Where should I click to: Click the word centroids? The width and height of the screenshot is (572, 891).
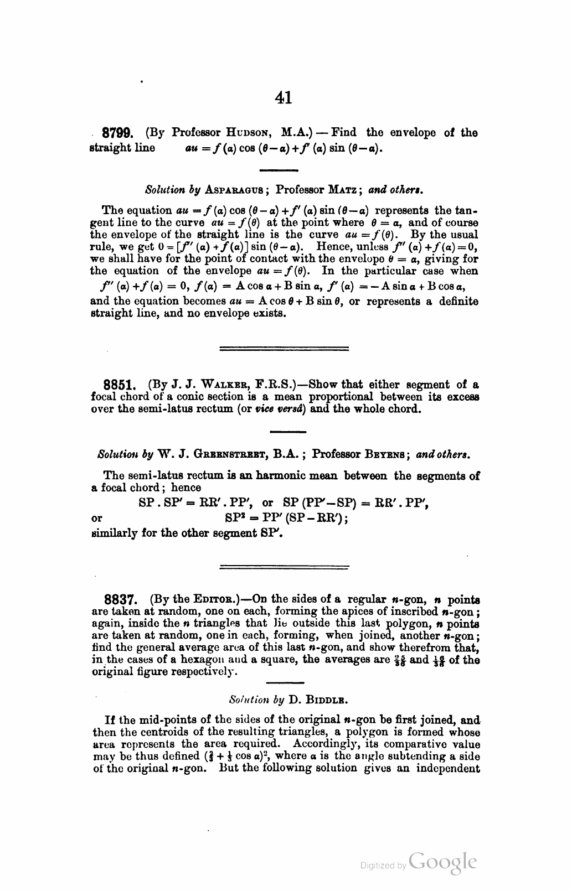156,733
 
